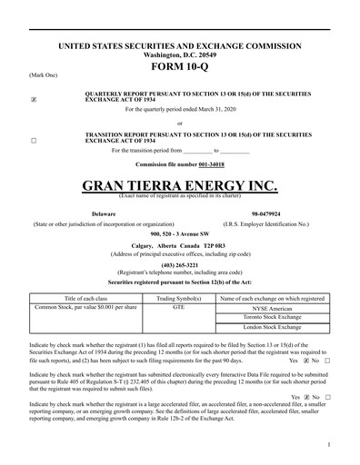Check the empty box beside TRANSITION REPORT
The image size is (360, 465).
34,141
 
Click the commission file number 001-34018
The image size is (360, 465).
211,164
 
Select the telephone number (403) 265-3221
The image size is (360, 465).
180,264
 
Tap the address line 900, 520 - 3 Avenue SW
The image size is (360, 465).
180,233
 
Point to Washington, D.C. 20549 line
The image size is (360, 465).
180,54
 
